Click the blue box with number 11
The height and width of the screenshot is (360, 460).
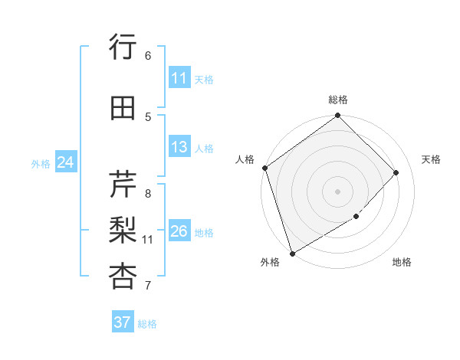pyautogui.click(x=179, y=78)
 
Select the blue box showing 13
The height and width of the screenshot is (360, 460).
pyautogui.click(x=179, y=147)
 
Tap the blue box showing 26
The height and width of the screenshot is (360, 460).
pyautogui.click(x=179, y=231)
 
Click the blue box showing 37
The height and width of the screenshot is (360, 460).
pyautogui.click(x=122, y=322)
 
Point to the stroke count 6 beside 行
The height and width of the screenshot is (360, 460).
pyautogui.click(x=148, y=55)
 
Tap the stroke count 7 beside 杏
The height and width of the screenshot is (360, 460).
pyautogui.click(x=148, y=286)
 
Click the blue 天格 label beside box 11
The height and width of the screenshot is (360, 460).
pyautogui.click(x=204, y=79)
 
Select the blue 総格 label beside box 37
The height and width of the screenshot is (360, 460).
pyautogui.click(x=147, y=324)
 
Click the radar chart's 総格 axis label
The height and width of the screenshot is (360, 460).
pyautogui.click(x=338, y=100)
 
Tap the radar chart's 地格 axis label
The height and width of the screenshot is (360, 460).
pyautogui.click(x=402, y=262)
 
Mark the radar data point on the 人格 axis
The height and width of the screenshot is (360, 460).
pyautogui.click(x=264, y=168)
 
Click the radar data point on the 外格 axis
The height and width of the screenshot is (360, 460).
pyautogui.click(x=292, y=253)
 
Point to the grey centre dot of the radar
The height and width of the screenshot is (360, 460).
pyautogui.click(x=337, y=191)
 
